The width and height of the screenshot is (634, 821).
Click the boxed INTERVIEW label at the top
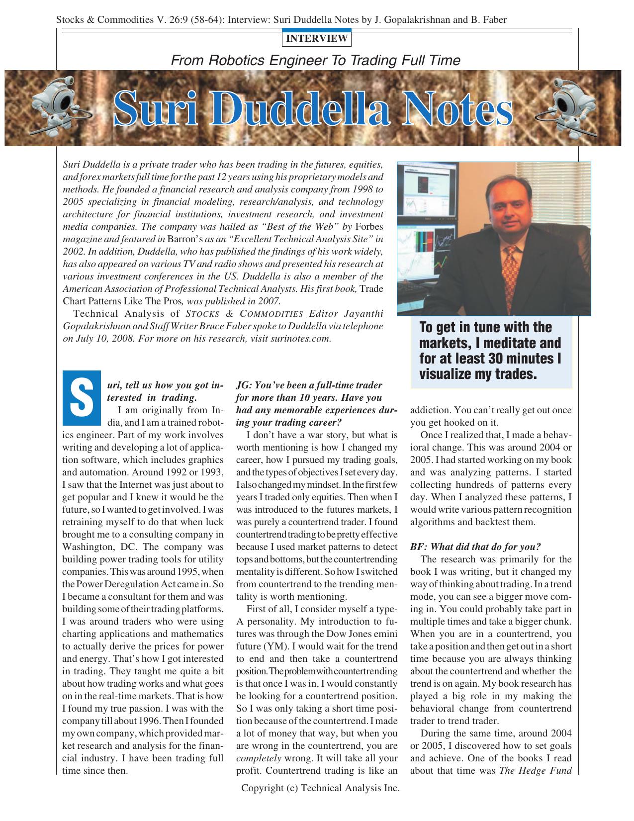(x=317, y=38)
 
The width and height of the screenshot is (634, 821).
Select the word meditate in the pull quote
(x=517, y=343)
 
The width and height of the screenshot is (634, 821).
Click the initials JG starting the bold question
(x=244, y=385)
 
